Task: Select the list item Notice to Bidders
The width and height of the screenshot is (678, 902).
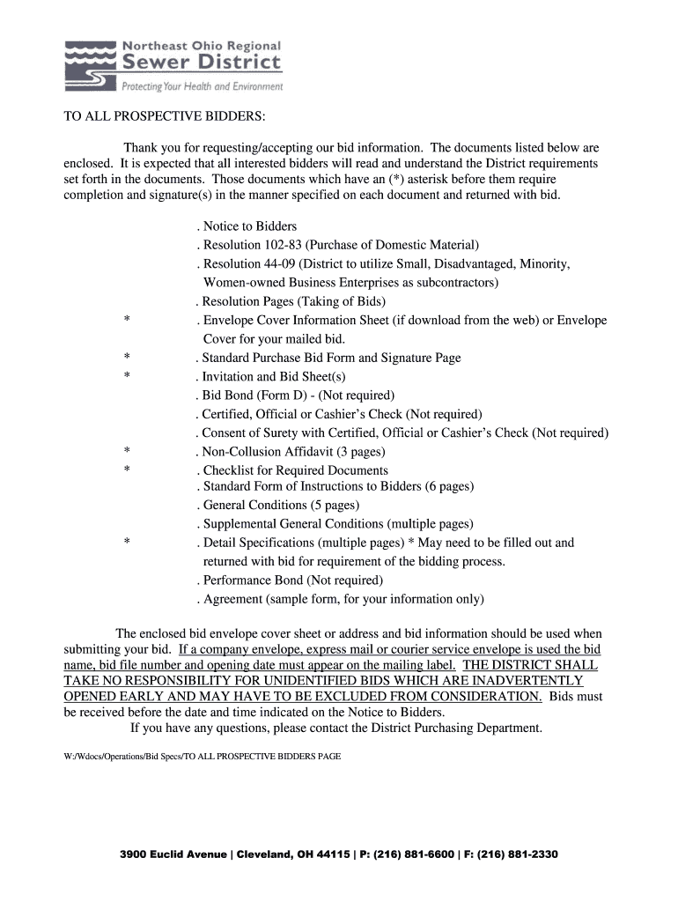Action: tap(249, 226)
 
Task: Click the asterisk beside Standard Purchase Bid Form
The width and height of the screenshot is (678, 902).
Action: tap(128, 358)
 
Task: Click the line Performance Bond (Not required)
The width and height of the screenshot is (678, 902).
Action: tap(291, 580)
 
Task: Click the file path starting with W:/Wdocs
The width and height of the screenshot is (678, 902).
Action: tap(202, 757)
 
